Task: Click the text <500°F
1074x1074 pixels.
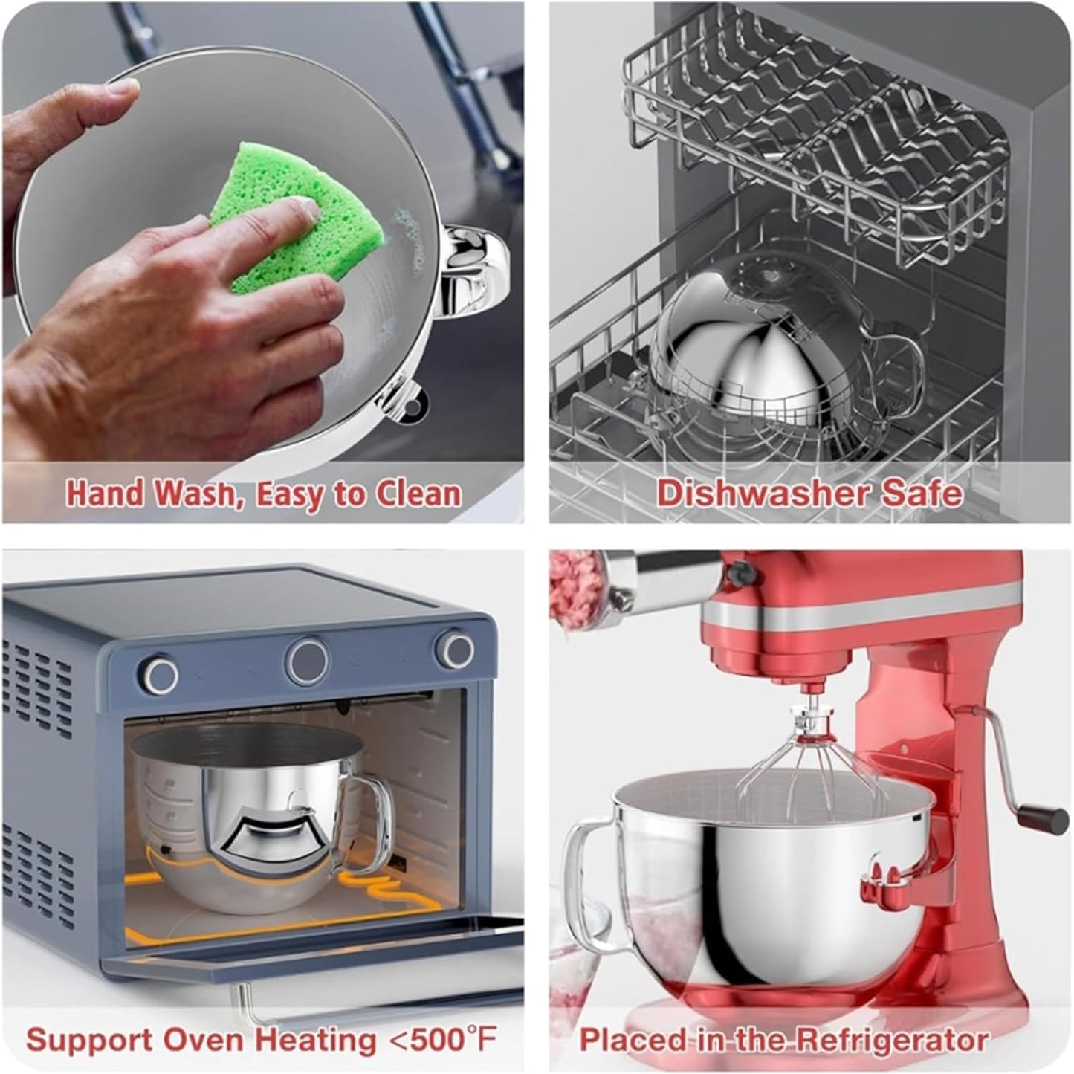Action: (444, 1038)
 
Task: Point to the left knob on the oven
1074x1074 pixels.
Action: (161, 674)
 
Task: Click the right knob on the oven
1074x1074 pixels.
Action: (454, 650)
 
